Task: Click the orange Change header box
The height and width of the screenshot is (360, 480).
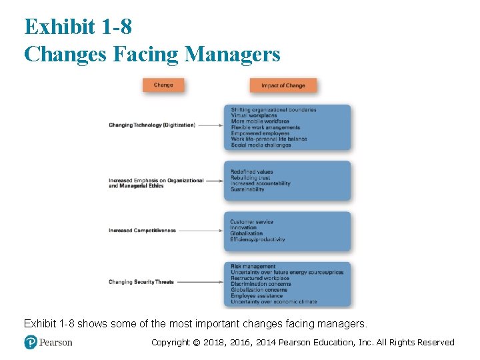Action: click(x=163, y=85)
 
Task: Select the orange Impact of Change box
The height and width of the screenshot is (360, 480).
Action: click(x=283, y=85)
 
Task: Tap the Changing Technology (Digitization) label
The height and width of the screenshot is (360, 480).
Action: click(x=152, y=125)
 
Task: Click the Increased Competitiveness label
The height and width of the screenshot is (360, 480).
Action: click(x=142, y=231)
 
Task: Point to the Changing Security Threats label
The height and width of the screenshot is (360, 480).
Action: click(x=141, y=282)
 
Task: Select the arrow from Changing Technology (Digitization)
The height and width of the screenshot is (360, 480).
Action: click(x=210, y=125)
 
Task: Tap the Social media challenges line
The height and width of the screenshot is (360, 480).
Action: click(x=261, y=145)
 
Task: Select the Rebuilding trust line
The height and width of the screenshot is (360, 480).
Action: click(x=251, y=178)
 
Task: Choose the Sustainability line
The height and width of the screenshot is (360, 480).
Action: click(x=247, y=189)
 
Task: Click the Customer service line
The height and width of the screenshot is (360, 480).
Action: click(x=251, y=222)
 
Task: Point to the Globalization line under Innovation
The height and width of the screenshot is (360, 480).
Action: click(x=247, y=234)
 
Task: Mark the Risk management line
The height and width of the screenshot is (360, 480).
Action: click(x=253, y=267)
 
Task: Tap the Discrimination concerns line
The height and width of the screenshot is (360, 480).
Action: click(x=261, y=285)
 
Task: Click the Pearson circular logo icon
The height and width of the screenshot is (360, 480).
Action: click(x=31, y=343)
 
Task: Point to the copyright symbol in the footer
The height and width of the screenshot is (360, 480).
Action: click(x=195, y=343)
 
